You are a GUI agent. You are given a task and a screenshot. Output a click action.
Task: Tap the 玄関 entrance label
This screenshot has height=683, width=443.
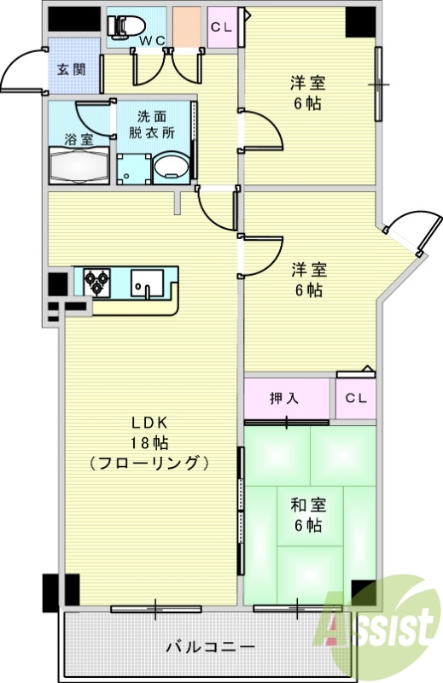click(71, 69)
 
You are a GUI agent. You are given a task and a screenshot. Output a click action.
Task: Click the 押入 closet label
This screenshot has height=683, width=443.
click(283, 398)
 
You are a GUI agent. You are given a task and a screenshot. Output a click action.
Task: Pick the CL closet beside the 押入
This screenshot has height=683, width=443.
click(356, 398)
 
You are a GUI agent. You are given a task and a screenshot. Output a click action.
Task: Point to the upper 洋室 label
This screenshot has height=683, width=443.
click(306, 84)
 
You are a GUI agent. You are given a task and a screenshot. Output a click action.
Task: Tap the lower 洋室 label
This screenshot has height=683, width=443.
click(307, 270)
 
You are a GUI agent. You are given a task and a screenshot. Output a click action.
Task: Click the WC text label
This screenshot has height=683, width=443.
click(153, 40)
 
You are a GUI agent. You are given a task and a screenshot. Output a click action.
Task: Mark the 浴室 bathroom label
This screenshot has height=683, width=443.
click(79, 137)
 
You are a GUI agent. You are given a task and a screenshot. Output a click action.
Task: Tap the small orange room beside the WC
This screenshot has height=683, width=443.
click(185, 26)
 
